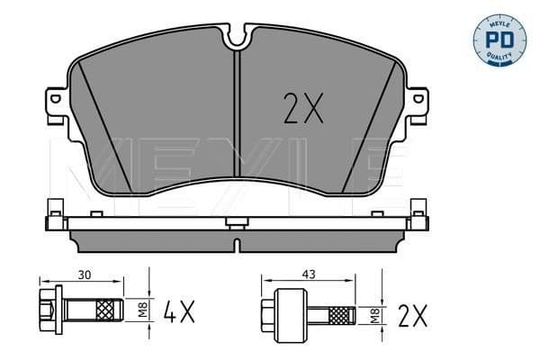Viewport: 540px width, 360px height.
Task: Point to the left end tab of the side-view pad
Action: [53, 217]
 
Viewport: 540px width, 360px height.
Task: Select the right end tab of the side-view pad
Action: [418, 217]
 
